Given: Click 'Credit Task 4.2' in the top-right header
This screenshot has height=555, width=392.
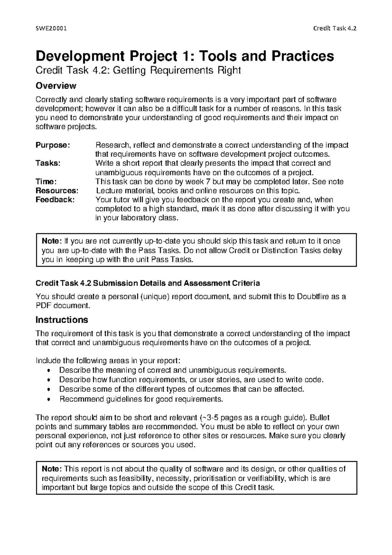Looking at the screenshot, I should [x=334, y=28].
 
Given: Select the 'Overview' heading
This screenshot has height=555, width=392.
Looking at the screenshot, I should [x=56, y=86].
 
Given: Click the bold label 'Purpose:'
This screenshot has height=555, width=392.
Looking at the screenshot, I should [x=53, y=145].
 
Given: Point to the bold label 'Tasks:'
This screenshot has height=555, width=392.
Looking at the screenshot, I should [x=48, y=163].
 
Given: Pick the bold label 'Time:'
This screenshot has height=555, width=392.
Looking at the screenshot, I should [x=46, y=181].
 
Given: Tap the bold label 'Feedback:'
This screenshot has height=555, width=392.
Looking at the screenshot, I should [x=55, y=200].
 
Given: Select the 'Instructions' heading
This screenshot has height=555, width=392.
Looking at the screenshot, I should [x=62, y=320].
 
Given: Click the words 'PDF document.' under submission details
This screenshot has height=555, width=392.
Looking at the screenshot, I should [x=62, y=306].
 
